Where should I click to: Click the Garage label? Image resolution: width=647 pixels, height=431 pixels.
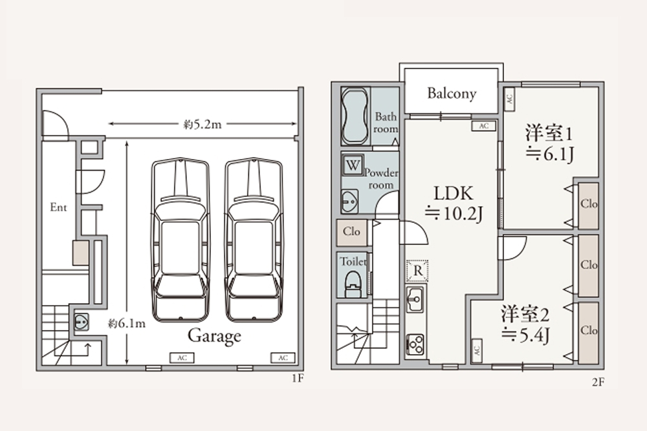(x=214, y=336)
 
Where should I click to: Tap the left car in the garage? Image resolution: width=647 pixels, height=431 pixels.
(x=181, y=239)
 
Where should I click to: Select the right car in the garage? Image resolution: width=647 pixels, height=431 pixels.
(x=254, y=239)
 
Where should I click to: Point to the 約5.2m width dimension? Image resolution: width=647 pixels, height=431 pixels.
(x=203, y=123)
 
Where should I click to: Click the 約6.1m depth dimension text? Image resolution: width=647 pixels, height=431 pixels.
(x=127, y=324)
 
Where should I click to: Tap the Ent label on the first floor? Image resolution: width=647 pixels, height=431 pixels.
(x=58, y=207)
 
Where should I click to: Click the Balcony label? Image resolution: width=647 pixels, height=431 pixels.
(x=452, y=94)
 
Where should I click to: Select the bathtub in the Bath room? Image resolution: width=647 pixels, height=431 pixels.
(x=356, y=116)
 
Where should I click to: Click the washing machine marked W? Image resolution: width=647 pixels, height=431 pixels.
(x=353, y=165)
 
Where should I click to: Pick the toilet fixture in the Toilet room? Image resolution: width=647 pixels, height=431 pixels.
(x=353, y=284)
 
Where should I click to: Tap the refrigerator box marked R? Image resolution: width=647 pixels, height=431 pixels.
(x=417, y=271)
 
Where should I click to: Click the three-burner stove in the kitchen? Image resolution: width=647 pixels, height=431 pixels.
(x=415, y=344)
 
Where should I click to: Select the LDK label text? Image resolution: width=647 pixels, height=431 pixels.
(x=453, y=193)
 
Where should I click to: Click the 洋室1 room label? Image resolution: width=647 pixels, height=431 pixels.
(x=549, y=133)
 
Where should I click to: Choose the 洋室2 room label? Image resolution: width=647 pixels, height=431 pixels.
(x=525, y=314)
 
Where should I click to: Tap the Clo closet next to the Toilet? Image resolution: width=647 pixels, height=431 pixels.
(x=351, y=231)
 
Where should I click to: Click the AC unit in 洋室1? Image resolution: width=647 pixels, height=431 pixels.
(x=509, y=99)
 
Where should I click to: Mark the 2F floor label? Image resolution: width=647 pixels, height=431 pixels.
(x=598, y=382)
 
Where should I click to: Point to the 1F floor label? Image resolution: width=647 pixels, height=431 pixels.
(x=298, y=378)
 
